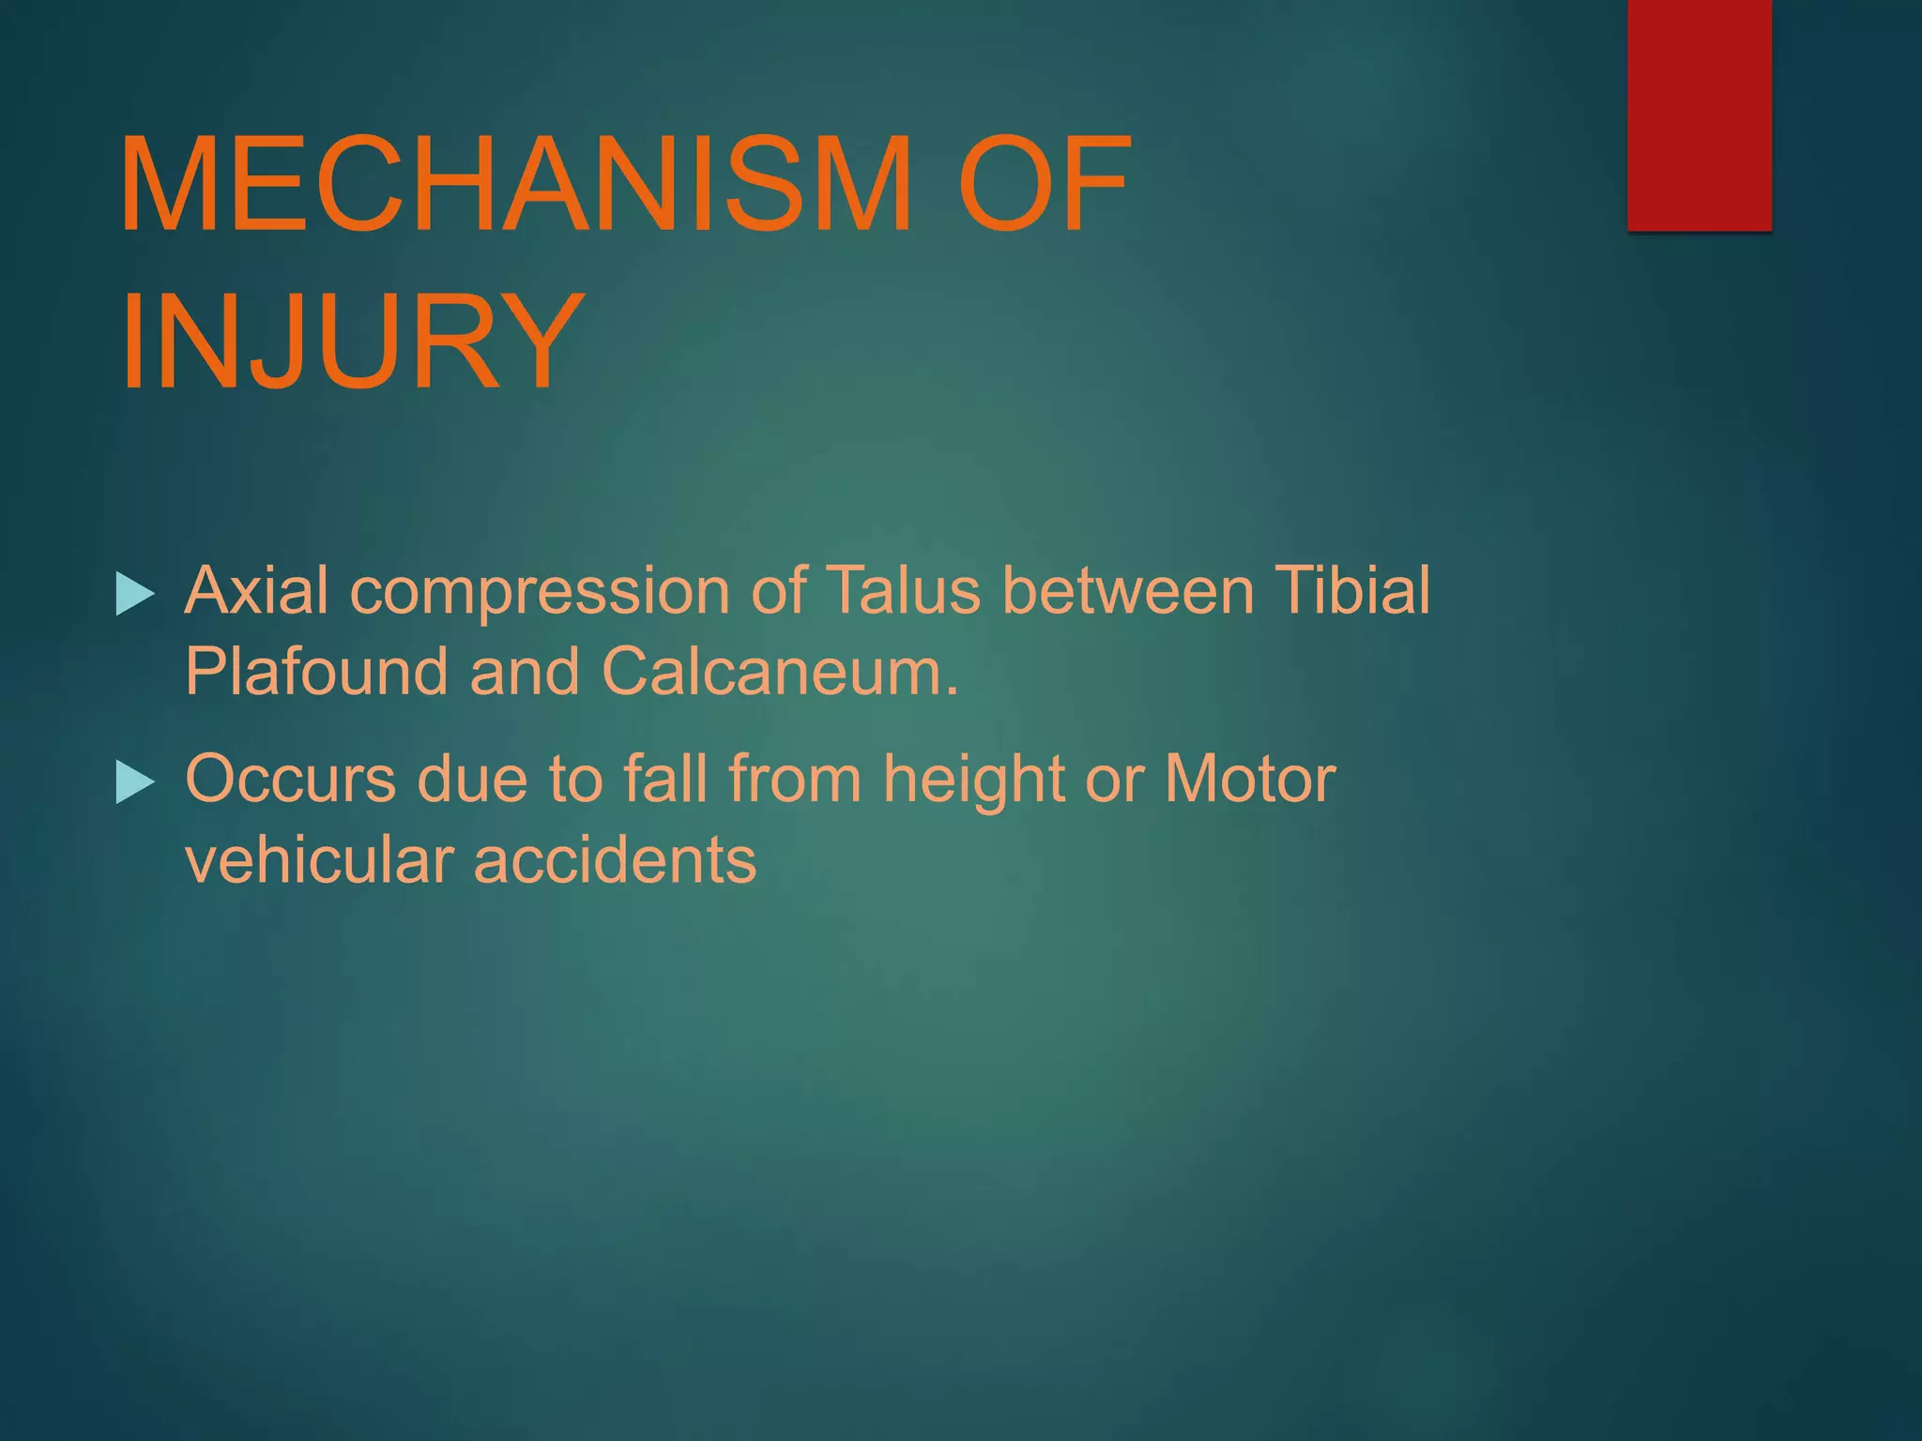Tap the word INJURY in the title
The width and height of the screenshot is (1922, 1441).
352,342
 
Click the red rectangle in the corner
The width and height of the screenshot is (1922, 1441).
1699,114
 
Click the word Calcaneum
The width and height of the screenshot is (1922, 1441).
780,672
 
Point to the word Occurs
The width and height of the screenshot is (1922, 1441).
290,780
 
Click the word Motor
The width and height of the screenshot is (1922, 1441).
1249,779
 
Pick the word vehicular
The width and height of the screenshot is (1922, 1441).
318,860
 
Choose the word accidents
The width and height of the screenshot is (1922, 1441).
615,860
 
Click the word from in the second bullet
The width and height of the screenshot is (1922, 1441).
795,779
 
